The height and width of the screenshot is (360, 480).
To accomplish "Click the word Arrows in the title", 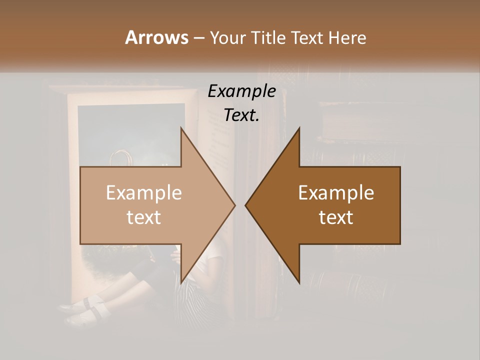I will pyautogui.click(x=156, y=37).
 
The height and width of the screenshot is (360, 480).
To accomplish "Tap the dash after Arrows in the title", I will pyautogui.click(x=198, y=38).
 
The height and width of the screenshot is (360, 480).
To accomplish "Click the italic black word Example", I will pyautogui.click(x=241, y=91).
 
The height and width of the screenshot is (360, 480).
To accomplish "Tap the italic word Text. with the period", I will pyautogui.click(x=241, y=115).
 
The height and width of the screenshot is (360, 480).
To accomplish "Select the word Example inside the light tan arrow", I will pyautogui.click(x=144, y=193).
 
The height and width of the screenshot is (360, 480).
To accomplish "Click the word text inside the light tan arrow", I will pyautogui.click(x=144, y=217).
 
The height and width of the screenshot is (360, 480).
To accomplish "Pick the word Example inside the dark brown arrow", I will pyautogui.click(x=336, y=193).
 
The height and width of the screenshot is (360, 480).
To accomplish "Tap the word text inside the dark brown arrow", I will pyautogui.click(x=336, y=217).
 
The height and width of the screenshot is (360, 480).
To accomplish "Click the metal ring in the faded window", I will pyautogui.click(x=121, y=158).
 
